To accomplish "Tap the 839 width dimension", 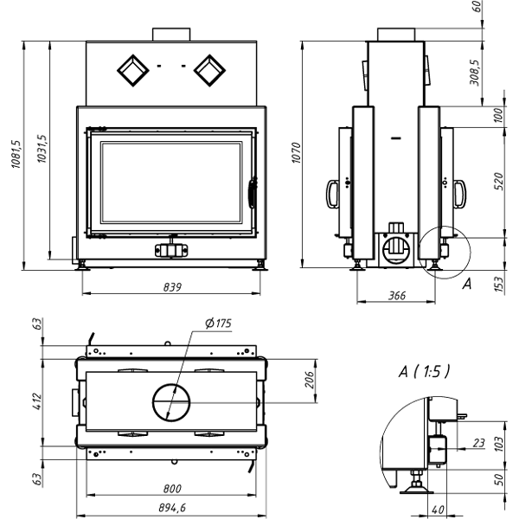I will click(171, 287).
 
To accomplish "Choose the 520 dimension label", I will click(499, 182).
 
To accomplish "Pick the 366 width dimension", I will click(397, 296).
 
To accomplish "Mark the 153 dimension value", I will click(499, 283).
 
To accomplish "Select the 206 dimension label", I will click(309, 379).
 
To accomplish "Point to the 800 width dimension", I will click(173, 490).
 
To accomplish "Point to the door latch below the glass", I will click(170, 250).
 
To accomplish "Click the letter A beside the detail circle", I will click(467, 283).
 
